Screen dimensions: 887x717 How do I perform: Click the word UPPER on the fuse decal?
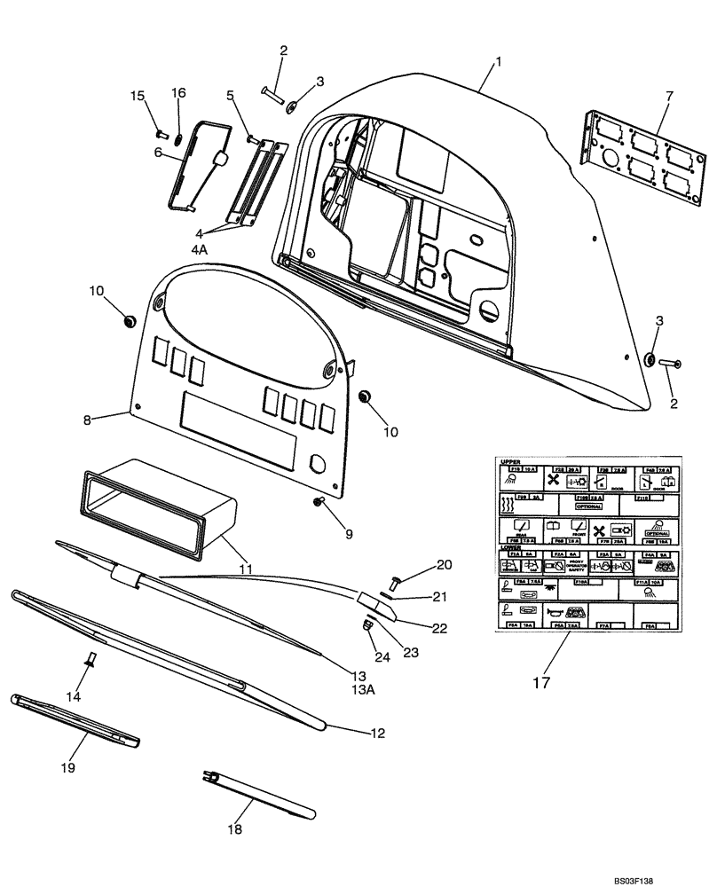510,463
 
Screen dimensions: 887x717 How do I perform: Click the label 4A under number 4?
199,250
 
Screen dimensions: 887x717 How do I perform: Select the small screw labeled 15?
161,135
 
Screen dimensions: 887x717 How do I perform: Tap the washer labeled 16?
177,137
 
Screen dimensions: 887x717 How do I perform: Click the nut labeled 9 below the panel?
318,504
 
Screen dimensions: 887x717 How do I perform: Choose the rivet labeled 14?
91,659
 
